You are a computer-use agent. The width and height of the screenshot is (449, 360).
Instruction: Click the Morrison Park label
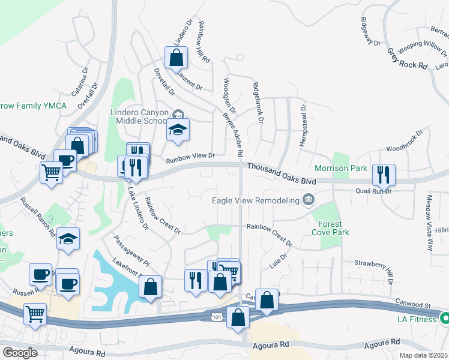[x=341, y=169]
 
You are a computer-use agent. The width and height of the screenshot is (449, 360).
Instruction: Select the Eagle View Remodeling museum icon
[x=309, y=199]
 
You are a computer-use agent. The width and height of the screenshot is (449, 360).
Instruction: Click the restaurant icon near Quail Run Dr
[x=383, y=175]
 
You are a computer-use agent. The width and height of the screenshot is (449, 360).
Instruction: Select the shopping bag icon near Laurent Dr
[x=176, y=58]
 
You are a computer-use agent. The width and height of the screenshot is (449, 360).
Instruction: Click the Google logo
[x=20, y=353]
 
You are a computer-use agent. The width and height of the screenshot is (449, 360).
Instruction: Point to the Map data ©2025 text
[x=423, y=355]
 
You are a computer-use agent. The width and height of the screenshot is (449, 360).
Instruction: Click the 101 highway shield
[x=215, y=316]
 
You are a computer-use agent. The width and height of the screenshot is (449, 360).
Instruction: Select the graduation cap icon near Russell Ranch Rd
[x=68, y=238]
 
